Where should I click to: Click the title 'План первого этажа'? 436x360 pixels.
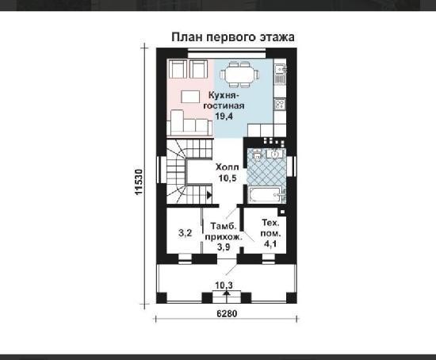point(233,37)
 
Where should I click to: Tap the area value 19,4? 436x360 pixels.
point(224,116)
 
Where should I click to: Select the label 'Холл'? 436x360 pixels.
point(228,167)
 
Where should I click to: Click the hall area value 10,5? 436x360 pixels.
point(228,178)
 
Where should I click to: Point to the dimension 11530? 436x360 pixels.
point(139,182)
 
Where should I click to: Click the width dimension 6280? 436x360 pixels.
point(227,313)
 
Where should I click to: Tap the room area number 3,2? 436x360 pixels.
point(185,232)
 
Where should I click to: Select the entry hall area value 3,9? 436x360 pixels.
point(224,247)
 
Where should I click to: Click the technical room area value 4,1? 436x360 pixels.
point(270,244)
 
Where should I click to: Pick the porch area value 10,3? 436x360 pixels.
point(224,285)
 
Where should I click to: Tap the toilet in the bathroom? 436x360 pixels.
point(257,155)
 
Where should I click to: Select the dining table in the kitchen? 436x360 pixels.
point(239,75)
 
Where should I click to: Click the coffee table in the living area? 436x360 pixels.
point(190,97)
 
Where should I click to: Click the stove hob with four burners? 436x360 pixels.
point(280,104)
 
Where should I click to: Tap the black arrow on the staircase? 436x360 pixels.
point(209,195)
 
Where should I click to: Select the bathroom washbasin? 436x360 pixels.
point(275,154)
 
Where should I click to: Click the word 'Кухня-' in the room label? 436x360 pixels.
point(224,95)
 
